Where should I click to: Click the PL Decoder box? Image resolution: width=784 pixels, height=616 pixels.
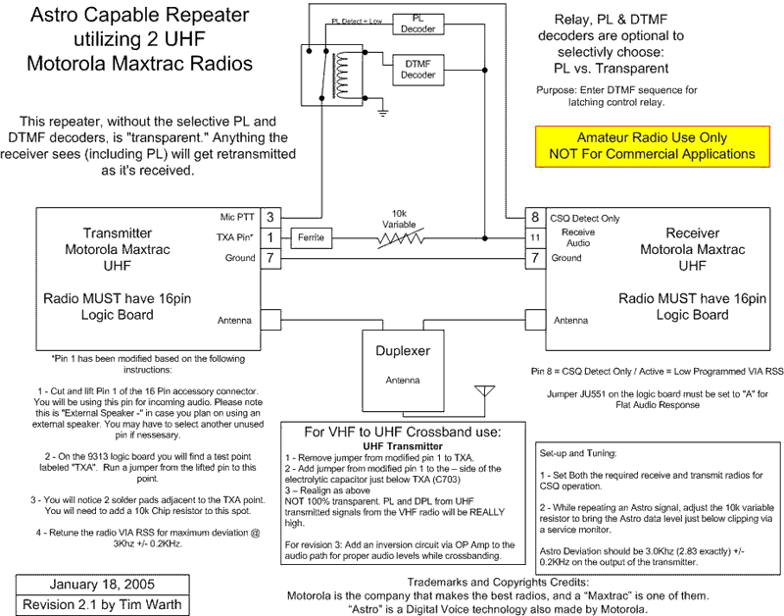[418, 24]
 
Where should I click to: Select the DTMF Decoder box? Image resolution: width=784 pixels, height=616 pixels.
[418, 70]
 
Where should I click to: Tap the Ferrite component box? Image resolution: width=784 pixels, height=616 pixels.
[311, 237]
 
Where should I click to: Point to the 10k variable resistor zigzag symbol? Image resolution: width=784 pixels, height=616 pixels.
[400, 238]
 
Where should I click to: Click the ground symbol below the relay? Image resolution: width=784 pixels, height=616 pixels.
[382, 112]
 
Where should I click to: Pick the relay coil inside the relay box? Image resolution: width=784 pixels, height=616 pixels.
[341, 76]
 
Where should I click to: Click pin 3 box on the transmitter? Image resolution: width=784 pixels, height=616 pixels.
[270, 217]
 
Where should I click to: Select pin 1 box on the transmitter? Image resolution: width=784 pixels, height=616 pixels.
[270, 237]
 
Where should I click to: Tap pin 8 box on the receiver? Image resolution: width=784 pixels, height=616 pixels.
[535, 217]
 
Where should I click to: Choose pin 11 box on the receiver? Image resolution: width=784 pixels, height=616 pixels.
[535, 237]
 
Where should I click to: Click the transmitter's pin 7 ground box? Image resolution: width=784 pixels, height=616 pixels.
[270, 258]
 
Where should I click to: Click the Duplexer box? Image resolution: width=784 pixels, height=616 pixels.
[403, 371]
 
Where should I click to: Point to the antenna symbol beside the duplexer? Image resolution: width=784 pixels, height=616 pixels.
[484, 391]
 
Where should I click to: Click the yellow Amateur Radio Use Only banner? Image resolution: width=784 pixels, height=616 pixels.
[653, 146]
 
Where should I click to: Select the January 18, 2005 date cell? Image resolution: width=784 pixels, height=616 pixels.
[103, 585]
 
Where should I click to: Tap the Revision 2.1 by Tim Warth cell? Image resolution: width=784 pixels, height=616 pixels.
[103, 605]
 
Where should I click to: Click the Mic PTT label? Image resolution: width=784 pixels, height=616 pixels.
[237, 217]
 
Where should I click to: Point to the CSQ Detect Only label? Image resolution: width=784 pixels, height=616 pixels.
[584, 218]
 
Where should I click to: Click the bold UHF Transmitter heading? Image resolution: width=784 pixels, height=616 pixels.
[403, 446]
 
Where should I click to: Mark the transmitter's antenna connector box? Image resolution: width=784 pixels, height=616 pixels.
[270, 320]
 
